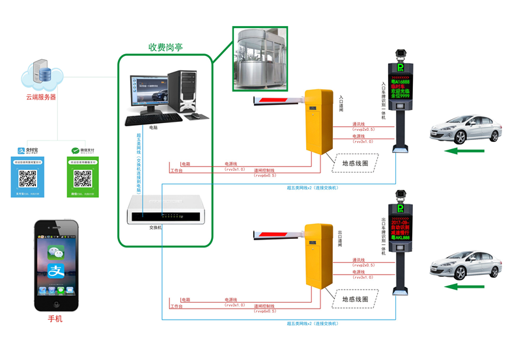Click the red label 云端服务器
(x=41, y=97)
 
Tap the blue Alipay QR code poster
(x=27, y=173)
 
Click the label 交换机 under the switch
(x=154, y=228)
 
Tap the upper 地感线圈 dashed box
(x=355, y=162)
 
